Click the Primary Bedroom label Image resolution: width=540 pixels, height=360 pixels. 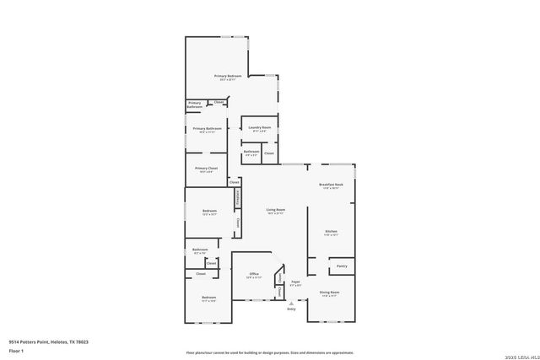coord(227,77)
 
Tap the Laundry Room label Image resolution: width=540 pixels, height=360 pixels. coord(260,128)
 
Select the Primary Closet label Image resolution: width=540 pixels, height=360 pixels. coord(207,169)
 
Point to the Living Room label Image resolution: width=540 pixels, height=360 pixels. coord(276,210)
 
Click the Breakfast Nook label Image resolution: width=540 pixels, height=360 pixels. coord(331,185)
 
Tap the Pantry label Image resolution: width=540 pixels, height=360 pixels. coord(342,266)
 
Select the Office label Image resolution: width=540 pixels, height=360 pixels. coord(254,274)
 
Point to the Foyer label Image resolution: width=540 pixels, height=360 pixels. coord(295,282)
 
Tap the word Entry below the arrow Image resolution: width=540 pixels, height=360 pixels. coord(292,309)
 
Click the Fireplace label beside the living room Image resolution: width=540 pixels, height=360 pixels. coord(238,197)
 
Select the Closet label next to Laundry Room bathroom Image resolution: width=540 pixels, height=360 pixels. coord(269,153)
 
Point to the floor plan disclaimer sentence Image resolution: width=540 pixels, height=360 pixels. coord(270,352)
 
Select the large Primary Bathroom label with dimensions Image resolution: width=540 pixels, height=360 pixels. coord(207,129)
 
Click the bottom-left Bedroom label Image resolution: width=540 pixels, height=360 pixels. coord(208,298)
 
